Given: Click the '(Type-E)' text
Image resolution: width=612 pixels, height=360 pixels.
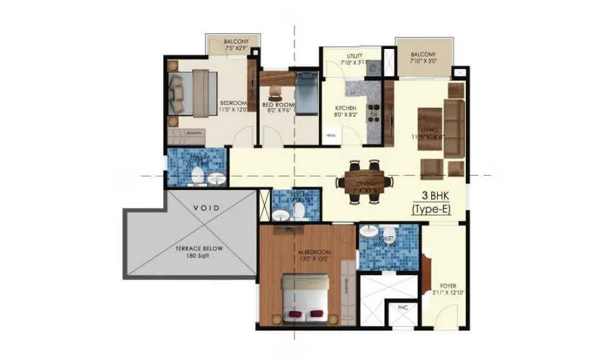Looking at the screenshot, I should pos(437,210).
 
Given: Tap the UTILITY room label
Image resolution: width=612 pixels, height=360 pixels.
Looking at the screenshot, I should pos(354,56).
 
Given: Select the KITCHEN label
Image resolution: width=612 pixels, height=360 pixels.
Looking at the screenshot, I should pos(346,109).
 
